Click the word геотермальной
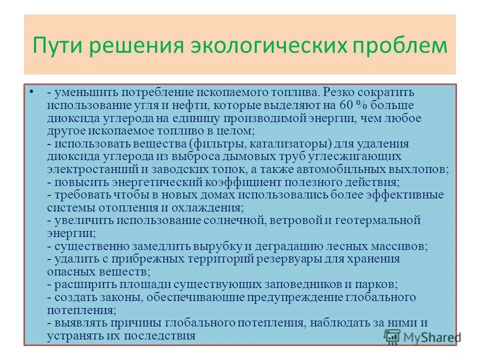377,220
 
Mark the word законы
112,297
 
